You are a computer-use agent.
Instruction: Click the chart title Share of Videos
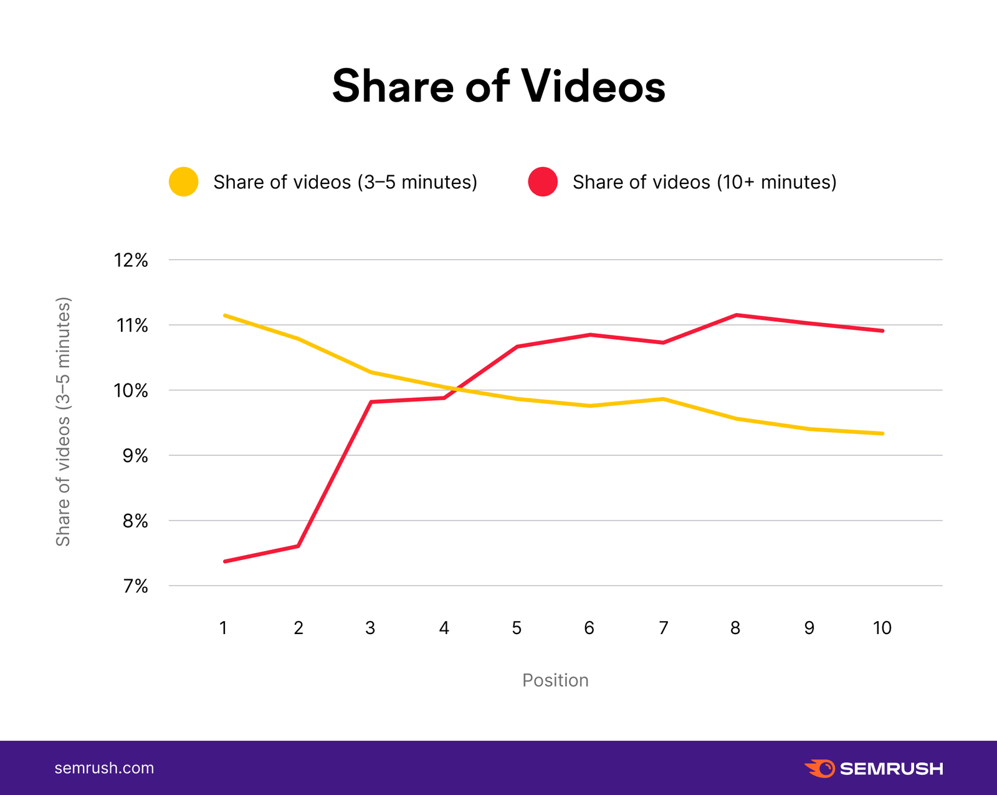(x=499, y=86)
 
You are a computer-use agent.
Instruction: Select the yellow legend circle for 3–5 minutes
(x=184, y=182)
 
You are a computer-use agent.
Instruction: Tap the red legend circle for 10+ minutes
(x=543, y=182)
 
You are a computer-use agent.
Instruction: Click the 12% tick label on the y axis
(x=131, y=260)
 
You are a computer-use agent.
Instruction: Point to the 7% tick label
(x=135, y=586)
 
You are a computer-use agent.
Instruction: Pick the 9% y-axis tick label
(x=135, y=456)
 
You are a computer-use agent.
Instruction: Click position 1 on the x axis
(x=223, y=628)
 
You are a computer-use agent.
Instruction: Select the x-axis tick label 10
(x=882, y=628)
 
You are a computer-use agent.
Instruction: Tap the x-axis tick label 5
(x=517, y=628)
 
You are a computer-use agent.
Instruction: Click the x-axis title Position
(x=555, y=680)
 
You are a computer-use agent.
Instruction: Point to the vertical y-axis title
(x=64, y=422)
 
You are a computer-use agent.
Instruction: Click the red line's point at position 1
(x=224, y=561)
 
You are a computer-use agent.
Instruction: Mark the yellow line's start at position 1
(x=224, y=316)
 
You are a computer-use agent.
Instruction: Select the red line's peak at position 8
(x=736, y=315)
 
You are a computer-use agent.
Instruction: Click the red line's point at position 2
(x=298, y=546)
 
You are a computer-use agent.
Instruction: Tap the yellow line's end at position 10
(x=882, y=433)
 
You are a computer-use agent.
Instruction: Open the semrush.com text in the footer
(x=104, y=768)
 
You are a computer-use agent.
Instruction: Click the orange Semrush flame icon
(x=819, y=768)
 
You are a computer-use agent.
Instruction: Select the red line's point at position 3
(x=371, y=402)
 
